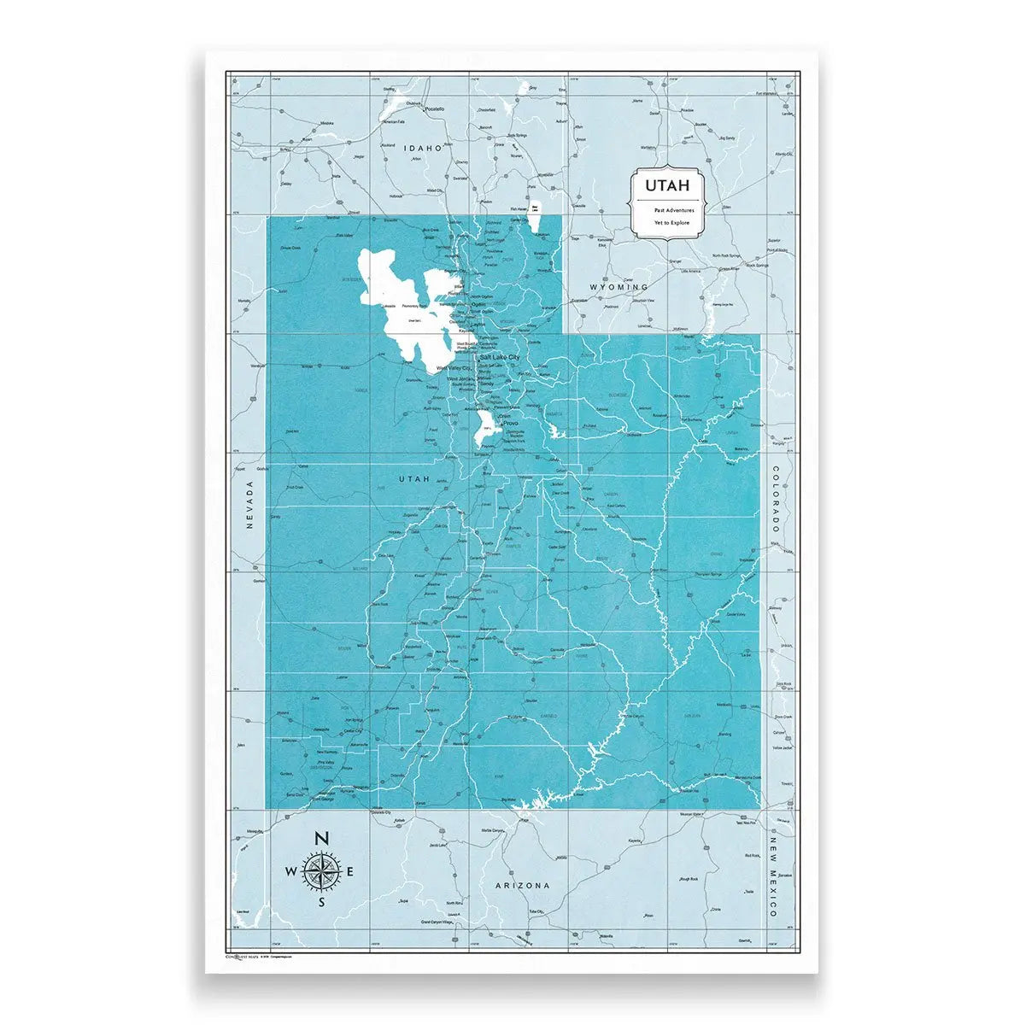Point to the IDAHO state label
[425, 148]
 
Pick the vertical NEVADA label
[250, 505]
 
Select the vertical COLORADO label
[776, 500]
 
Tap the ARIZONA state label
[522, 886]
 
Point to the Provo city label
[511, 423]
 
